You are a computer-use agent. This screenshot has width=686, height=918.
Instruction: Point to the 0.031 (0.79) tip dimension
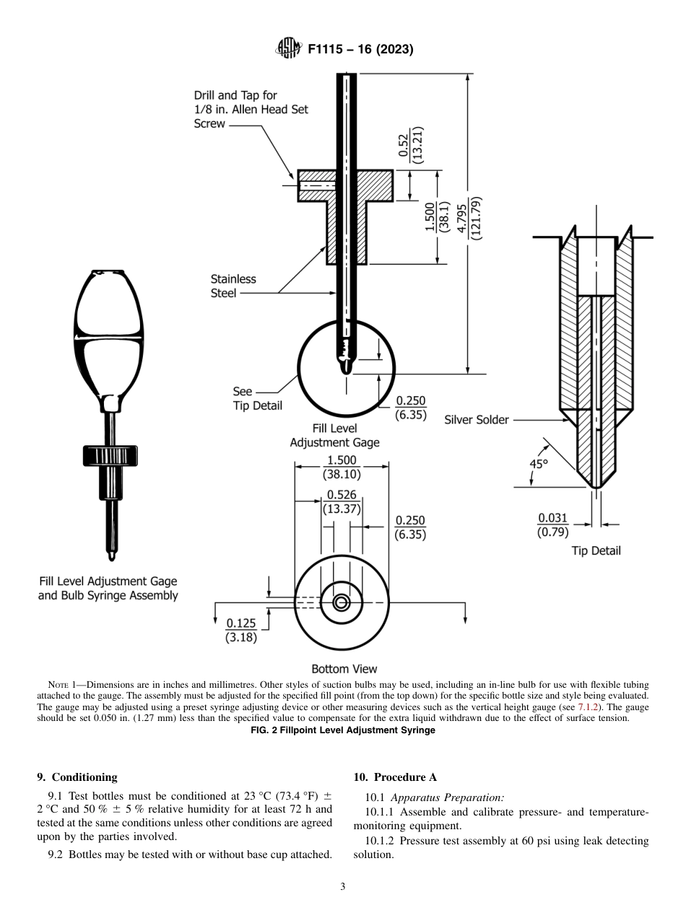pyautogui.click(x=553, y=525)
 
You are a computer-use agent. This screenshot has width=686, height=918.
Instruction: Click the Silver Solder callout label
pyautogui.click(x=477, y=419)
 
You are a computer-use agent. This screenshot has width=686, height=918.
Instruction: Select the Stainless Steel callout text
pyautogui.click(x=233, y=286)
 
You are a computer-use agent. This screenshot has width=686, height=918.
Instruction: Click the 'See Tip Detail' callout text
pyautogui.click(x=256, y=398)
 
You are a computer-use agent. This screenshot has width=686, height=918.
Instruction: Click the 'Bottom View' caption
pyautogui.click(x=344, y=669)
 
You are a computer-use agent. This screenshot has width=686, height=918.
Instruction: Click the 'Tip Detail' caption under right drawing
pyautogui.click(x=596, y=551)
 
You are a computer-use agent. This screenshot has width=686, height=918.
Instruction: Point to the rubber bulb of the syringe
pyautogui.click(x=108, y=339)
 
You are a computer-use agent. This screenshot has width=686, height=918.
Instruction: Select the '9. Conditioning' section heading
pyautogui.click(x=77, y=777)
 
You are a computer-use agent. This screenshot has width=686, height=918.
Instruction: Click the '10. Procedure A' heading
pyautogui.click(x=396, y=777)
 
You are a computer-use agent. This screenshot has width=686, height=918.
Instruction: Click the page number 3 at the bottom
pyautogui.click(x=343, y=887)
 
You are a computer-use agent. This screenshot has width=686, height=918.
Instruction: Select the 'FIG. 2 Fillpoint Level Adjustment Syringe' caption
pyautogui.click(x=343, y=730)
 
